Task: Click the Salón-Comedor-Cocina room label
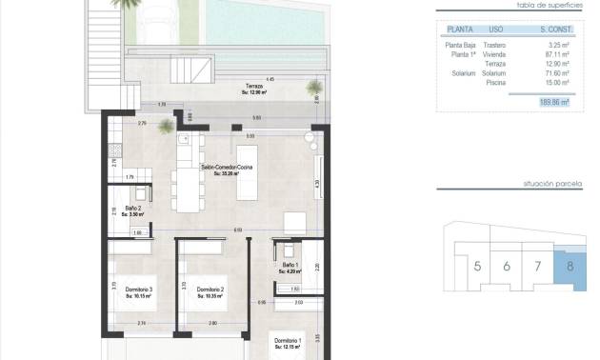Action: [x=226, y=167]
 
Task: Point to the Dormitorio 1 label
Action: [x=288, y=340]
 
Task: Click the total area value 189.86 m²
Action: [x=552, y=101]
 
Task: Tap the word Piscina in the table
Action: [x=494, y=82]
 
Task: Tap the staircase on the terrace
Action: [x=191, y=72]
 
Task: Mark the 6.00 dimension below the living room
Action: [x=237, y=230]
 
